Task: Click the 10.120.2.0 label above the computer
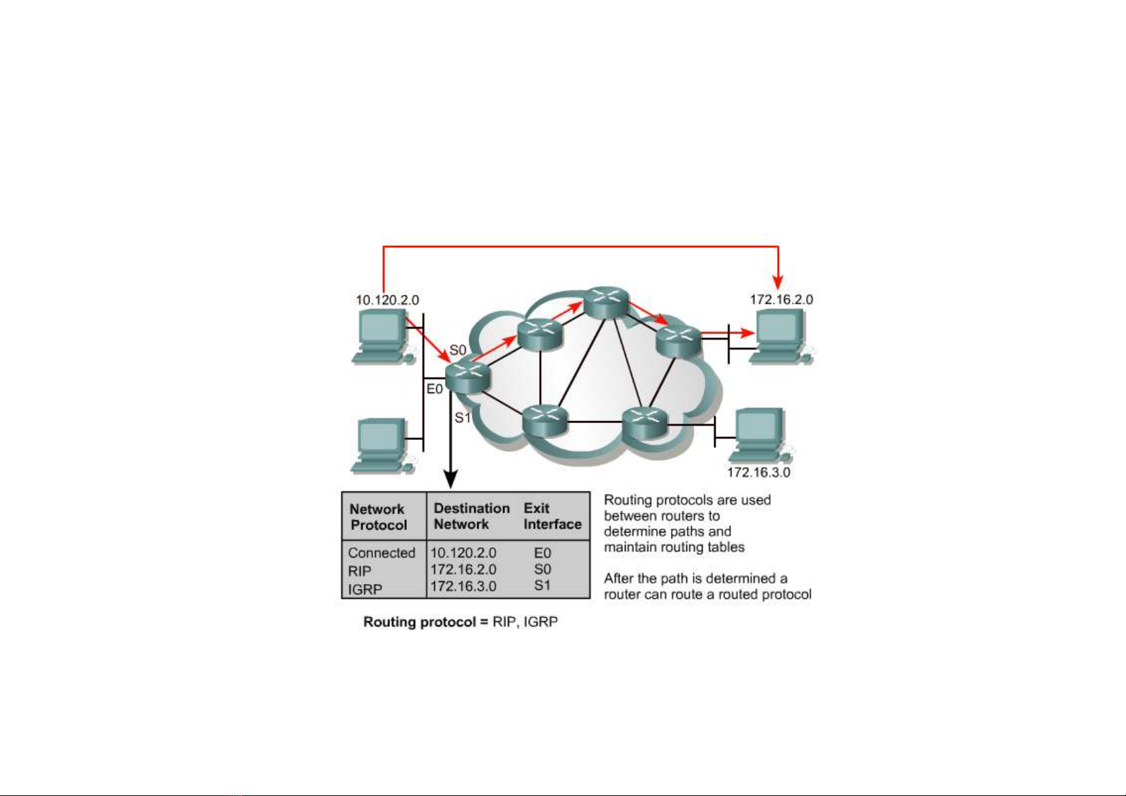pos(387,300)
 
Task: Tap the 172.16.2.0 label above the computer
pos(781,299)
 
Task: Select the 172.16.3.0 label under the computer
pos(758,472)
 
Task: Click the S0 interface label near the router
pos(458,350)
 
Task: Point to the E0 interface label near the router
pos(435,389)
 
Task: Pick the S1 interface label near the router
pos(462,417)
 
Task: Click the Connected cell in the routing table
pos(382,553)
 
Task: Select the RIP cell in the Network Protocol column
pos(360,571)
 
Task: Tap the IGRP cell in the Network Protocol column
pos(365,589)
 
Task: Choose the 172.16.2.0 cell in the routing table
pos(463,569)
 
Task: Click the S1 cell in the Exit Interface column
pos(543,585)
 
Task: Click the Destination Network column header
pos(472,516)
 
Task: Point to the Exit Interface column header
pos(553,516)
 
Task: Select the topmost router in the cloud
pos(607,302)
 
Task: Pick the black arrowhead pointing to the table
pos(451,480)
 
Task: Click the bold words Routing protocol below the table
pos(419,622)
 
